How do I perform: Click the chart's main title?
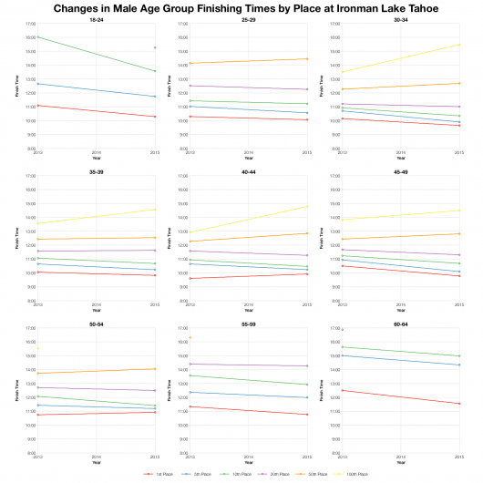pos(241,7)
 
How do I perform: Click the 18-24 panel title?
pos(97,18)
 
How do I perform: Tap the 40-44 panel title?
pos(249,170)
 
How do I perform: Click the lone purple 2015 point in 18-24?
pos(155,47)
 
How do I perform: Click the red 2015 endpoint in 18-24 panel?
pos(155,117)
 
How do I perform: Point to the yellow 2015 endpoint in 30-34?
pos(459,45)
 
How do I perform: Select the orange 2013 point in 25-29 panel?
pos(190,63)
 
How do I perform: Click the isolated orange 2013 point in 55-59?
pos(190,338)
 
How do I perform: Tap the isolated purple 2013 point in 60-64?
pos(342,330)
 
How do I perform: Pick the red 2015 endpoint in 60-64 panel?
pos(459,404)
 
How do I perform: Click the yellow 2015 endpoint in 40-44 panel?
pos(307,206)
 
